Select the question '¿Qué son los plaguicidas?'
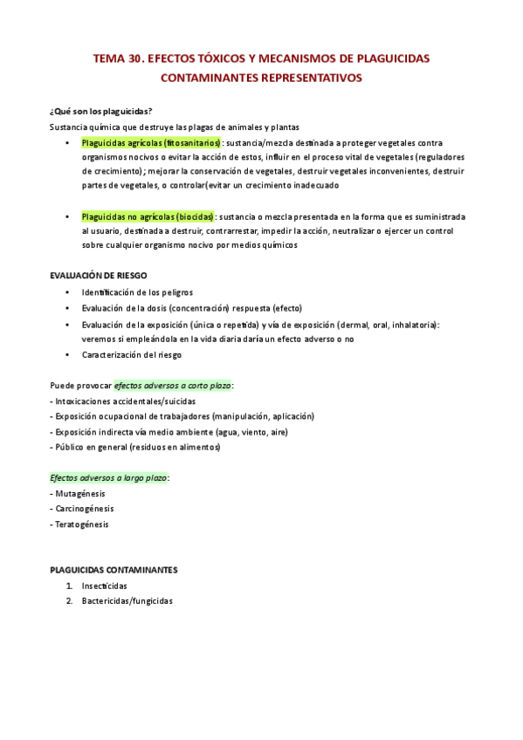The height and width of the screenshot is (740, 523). click(x=101, y=111)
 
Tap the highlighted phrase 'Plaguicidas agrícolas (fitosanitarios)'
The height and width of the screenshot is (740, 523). click(x=151, y=142)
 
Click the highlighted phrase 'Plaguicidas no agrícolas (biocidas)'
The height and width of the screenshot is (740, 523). click(x=148, y=216)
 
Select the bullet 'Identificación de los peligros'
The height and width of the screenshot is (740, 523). click(x=137, y=291)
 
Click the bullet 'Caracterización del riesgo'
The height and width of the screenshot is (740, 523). click(x=132, y=355)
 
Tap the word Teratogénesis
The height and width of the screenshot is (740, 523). click(x=84, y=524)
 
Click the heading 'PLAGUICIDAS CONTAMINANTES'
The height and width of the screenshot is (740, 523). click(x=114, y=570)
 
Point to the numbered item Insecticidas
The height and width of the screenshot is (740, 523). click(x=105, y=586)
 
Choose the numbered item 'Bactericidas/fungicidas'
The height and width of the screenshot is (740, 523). click(x=127, y=601)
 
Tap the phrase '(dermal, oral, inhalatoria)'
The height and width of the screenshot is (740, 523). click(x=380, y=324)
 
